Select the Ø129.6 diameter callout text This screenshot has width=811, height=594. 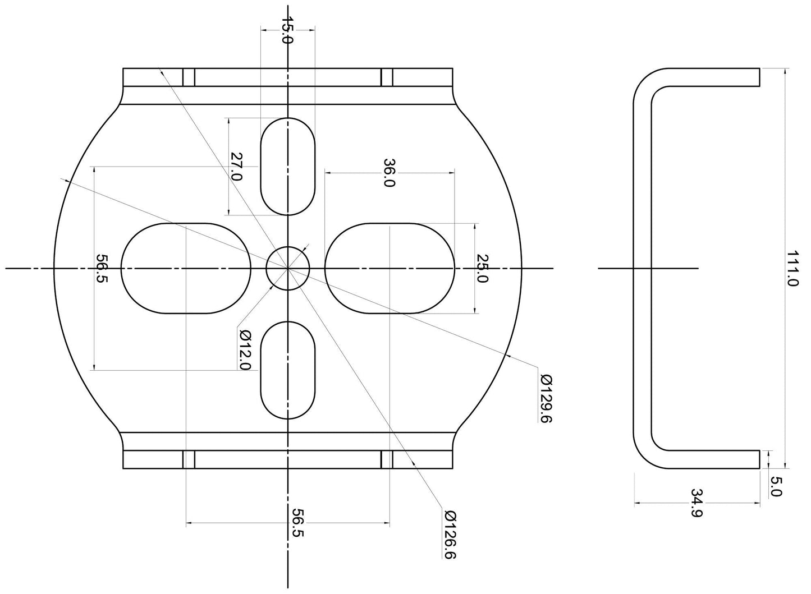click(x=546, y=399)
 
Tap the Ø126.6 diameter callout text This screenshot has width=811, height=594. click(x=450, y=535)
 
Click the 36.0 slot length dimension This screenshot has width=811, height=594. click(x=389, y=173)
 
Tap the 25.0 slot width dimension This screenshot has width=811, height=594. click(x=483, y=268)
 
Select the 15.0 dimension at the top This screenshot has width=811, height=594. click(x=287, y=30)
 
